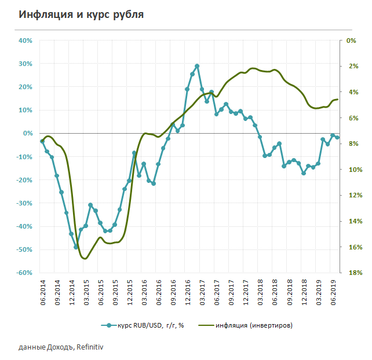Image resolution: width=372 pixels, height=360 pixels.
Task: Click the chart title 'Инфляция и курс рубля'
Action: pyautogui.click(x=81, y=14)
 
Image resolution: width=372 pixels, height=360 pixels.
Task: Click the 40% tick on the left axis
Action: pyautogui.click(x=25, y=41)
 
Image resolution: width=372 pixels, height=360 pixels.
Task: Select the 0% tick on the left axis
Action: pyautogui.click(x=27, y=133)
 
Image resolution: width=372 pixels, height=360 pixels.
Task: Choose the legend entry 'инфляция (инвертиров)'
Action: pyautogui.click(x=251, y=325)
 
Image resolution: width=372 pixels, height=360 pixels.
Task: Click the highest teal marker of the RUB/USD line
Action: pyautogui.click(x=197, y=66)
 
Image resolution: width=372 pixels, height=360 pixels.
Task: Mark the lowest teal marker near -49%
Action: pyautogui.click(x=76, y=247)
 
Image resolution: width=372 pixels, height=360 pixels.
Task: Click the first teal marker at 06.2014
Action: pyautogui.click(x=42, y=141)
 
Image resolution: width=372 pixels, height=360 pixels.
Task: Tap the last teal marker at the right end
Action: pyautogui.click(x=337, y=137)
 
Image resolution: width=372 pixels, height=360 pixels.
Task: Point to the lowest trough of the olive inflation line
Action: pyautogui.click(x=85, y=258)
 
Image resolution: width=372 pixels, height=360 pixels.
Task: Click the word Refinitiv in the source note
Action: pyautogui.click(x=92, y=347)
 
